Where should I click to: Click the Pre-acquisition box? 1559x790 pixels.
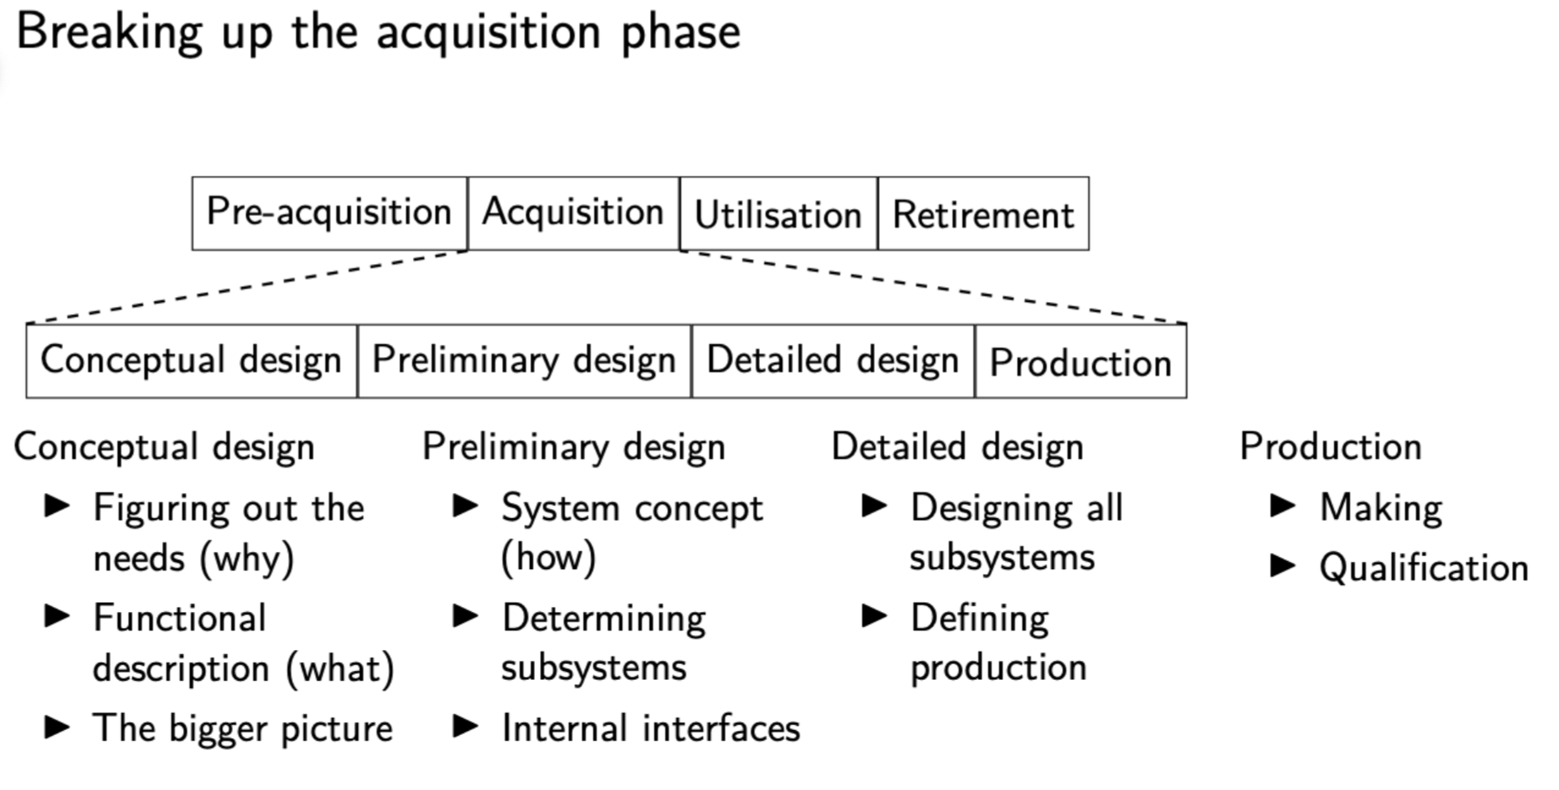329,213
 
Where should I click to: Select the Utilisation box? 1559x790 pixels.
778,214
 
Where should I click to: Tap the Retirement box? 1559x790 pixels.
983,214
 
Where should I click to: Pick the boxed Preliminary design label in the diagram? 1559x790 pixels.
524,361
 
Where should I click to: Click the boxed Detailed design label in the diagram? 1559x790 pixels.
832,361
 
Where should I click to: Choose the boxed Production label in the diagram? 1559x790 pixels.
1081,363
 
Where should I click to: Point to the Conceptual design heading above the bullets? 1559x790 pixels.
164,448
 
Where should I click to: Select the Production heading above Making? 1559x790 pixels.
1331,447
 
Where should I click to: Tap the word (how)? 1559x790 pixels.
549,558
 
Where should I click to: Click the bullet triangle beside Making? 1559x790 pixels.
1283,507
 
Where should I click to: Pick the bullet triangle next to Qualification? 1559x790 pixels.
1283,567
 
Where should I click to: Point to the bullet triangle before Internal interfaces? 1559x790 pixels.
465,726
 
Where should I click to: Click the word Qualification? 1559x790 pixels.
1424,568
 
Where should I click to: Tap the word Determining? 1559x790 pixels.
604,619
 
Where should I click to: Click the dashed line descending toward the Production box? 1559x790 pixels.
931,287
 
